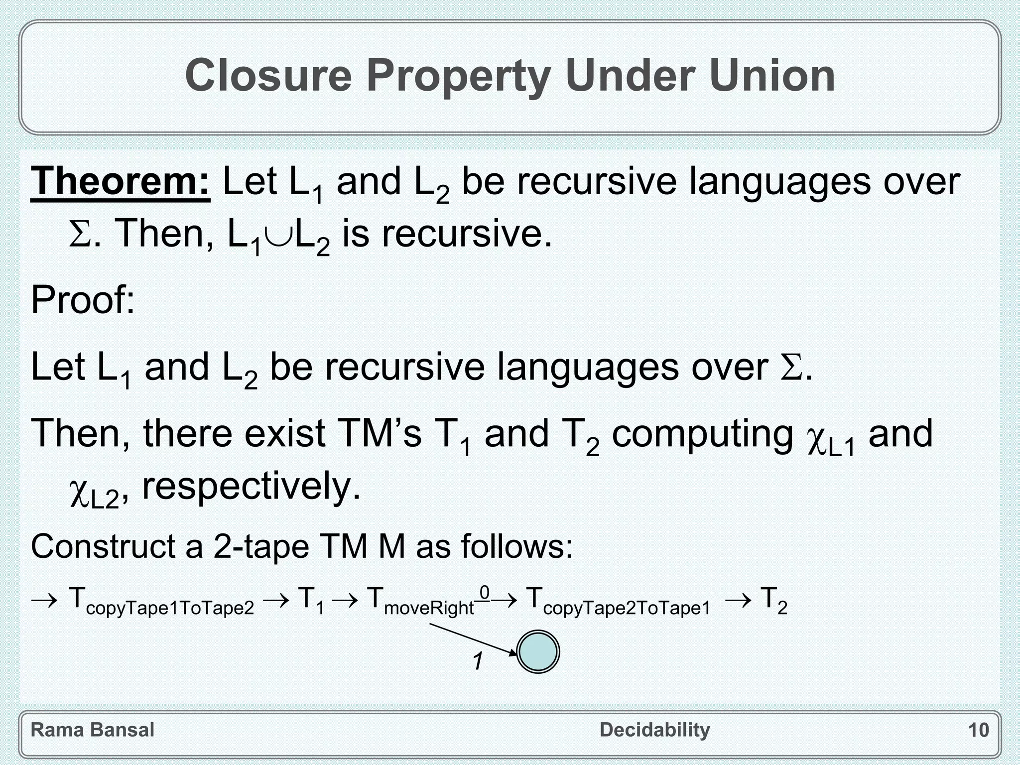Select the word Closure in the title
[x=268, y=76]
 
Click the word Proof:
[x=83, y=300]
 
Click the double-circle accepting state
[x=538, y=652]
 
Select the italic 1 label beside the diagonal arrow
[x=478, y=662]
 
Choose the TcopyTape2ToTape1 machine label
[x=618, y=601]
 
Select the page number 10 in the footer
[x=978, y=730]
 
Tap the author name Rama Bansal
[x=93, y=730]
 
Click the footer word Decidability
[x=654, y=730]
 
